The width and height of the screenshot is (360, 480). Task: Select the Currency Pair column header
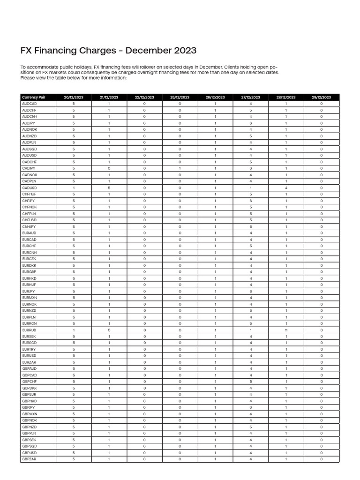point(34,97)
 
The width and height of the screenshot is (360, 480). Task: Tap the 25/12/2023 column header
point(180,97)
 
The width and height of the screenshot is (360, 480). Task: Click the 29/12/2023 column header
point(321,97)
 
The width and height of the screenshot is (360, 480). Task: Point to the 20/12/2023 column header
point(74,97)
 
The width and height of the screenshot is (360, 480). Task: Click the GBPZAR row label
point(29,459)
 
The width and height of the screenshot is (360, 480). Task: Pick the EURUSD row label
point(29,356)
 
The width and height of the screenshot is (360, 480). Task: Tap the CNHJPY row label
point(29,226)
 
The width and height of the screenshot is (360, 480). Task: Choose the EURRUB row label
point(29,330)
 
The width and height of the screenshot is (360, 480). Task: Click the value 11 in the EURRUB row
point(286,330)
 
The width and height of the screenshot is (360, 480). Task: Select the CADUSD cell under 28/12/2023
point(286,188)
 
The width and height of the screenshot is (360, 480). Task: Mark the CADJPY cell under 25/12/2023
point(180,168)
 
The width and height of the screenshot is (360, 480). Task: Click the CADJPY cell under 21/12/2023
point(109,168)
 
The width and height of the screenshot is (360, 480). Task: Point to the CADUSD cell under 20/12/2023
point(74,188)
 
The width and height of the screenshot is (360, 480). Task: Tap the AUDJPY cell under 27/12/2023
point(251,123)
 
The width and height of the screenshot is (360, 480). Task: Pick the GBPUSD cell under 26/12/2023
point(215,453)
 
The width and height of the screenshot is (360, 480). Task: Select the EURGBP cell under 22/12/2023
point(144,272)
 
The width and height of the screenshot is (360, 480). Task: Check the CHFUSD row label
point(29,220)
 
